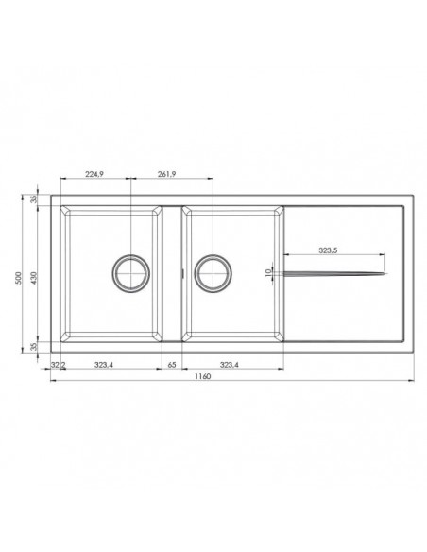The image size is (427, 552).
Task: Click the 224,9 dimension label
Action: (94, 173)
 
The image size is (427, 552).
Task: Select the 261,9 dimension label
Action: (166, 173)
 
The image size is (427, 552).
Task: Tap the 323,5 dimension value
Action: (328, 250)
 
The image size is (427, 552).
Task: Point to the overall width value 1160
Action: (202, 376)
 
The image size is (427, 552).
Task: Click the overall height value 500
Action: (19, 278)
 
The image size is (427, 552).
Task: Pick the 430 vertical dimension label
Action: (34, 278)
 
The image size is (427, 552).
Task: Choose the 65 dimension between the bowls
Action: (172, 365)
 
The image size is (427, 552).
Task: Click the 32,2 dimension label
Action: (58, 365)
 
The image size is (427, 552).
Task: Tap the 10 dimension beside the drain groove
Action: (267, 272)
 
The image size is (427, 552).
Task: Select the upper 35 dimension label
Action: (34, 199)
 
